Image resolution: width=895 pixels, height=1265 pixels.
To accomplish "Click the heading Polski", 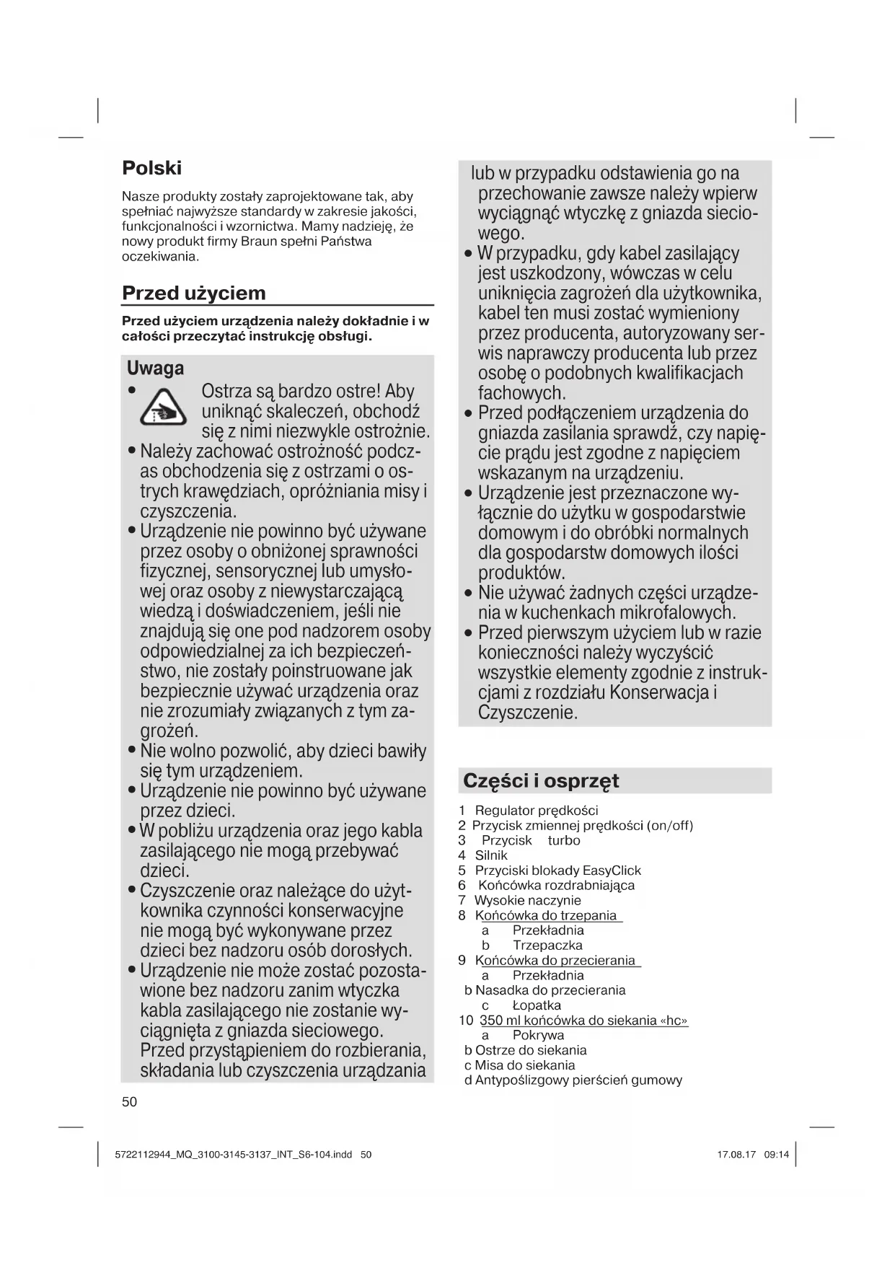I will pyautogui.click(x=151, y=168).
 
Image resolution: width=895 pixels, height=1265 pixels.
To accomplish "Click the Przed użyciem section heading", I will pyautogui.click(x=193, y=293).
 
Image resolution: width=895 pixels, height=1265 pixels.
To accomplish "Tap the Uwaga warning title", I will pyautogui.click(x=155, y=369).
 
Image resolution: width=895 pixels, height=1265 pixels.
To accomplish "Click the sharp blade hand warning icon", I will pyautogui.click(x=164, y=407).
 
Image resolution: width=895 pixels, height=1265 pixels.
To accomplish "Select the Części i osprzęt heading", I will pyautogui.click(x=541, y=781).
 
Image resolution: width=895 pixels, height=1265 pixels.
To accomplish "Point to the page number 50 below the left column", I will pyautogui.click(x=130, y=1101).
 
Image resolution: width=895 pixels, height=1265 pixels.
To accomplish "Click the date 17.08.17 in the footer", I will pyautogui.click(x=736, y=1154).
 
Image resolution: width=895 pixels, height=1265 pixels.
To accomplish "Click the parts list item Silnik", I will pyautogui.click(x=491, y=855).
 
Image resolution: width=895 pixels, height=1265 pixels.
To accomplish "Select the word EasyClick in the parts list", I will pyautogui.click(x=612, y=870).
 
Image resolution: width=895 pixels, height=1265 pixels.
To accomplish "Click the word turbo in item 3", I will pyautogui.click(x=564, y=840).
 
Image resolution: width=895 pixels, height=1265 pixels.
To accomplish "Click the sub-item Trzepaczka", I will pyautogui.click(x=547, y=946).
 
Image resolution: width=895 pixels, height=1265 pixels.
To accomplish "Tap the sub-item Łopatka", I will pyautogui.click(x=537, y=1005).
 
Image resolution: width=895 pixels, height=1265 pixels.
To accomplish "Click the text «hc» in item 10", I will pyautogui.click(x=674, y=1021).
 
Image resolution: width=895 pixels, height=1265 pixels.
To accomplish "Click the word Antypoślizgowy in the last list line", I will pyautogui.click(x=521, y=1080).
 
